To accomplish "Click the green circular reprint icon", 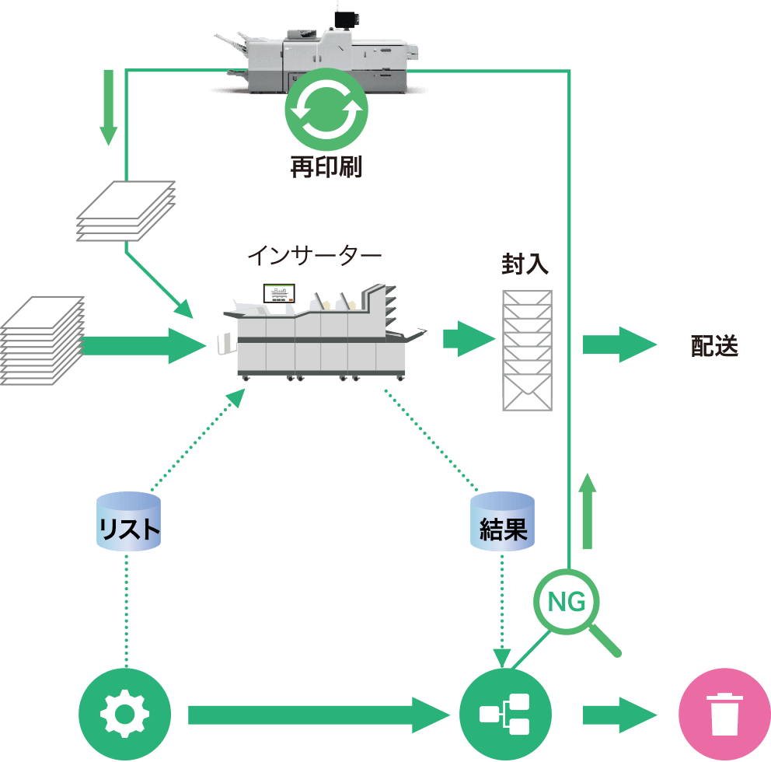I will click(x=326, y=110).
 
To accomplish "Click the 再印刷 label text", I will click(x=326, y=166).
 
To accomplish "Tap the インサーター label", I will click(x=315, y=257).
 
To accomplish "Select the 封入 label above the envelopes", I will click(x=525, y=264).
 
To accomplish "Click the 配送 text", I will click(x=714, y=345).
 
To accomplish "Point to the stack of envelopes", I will click(x=527, y=350).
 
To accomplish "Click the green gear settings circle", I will click(x=125, y=714).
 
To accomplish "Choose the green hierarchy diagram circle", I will click(x=505, y=714).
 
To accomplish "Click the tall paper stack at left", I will click(x=43, y=340).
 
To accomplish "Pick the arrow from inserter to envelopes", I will click(x=469, y=339).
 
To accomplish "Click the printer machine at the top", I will click(x=326, y=54).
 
